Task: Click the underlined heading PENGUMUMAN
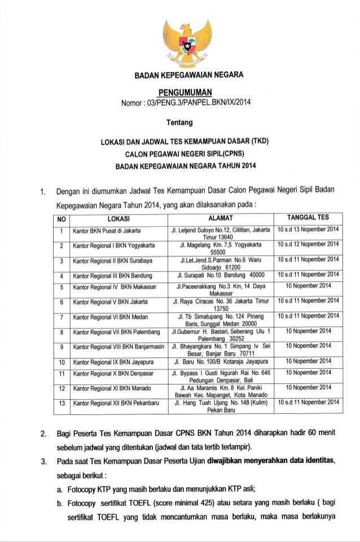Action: pos(179,92)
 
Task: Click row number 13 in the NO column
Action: pos(60,403)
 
